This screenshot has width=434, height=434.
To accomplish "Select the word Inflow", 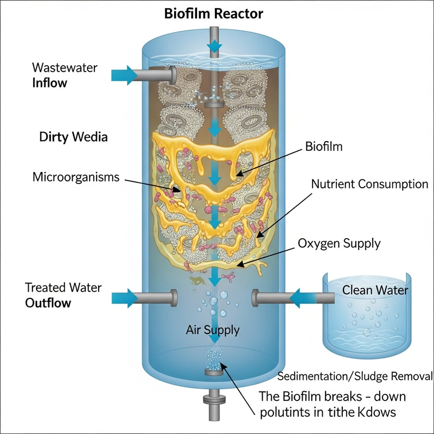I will pyautogui.click(x=50, y=83).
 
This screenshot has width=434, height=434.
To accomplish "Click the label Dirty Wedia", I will pyautogui.click(x=73, y=137).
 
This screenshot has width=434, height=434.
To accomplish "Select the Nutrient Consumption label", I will pyautogui.click(x=369, y=184).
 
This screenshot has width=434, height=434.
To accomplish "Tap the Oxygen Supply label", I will pyautogui.click(x=339, y=244).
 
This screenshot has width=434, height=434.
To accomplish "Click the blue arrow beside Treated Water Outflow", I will pyautogui.click(x=124, y=297).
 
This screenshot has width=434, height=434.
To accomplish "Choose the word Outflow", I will pyautogui.click(x=48, y=303).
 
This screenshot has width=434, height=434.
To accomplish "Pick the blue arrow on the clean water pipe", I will pyautogui.click(x=304, y=297).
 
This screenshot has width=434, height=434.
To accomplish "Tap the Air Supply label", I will pyautogui.click(x=213, y=329).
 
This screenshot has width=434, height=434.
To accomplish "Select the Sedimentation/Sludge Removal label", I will pyautogui.click(x=354, y=376).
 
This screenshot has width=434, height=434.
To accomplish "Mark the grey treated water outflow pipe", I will pyautogui.click(x=157, y=297).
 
